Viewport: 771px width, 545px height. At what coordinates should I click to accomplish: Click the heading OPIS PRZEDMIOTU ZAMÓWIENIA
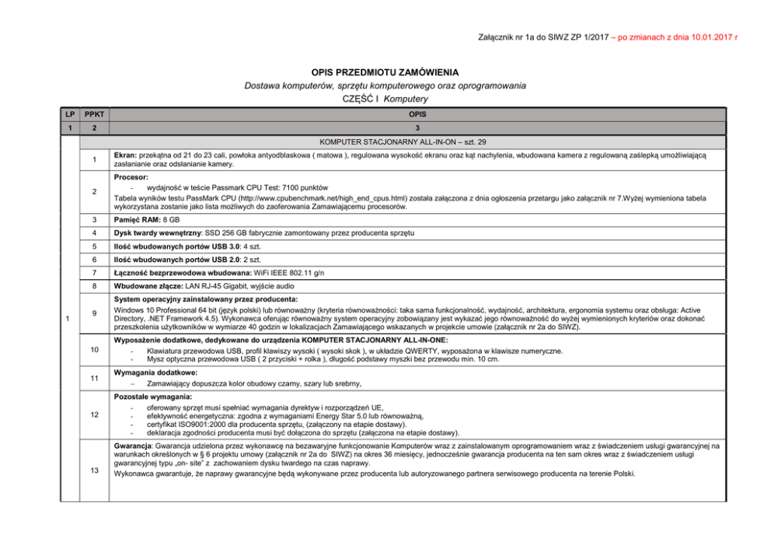tap(385, 72)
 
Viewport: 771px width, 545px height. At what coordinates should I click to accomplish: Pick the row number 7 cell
tap(92, 272)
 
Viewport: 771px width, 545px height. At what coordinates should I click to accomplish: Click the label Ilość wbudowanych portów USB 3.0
tap(162, 246)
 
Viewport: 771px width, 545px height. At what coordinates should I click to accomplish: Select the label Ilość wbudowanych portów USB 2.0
tap(162, 260)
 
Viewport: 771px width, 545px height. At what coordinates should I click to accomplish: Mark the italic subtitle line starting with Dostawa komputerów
tap(385, 85)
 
